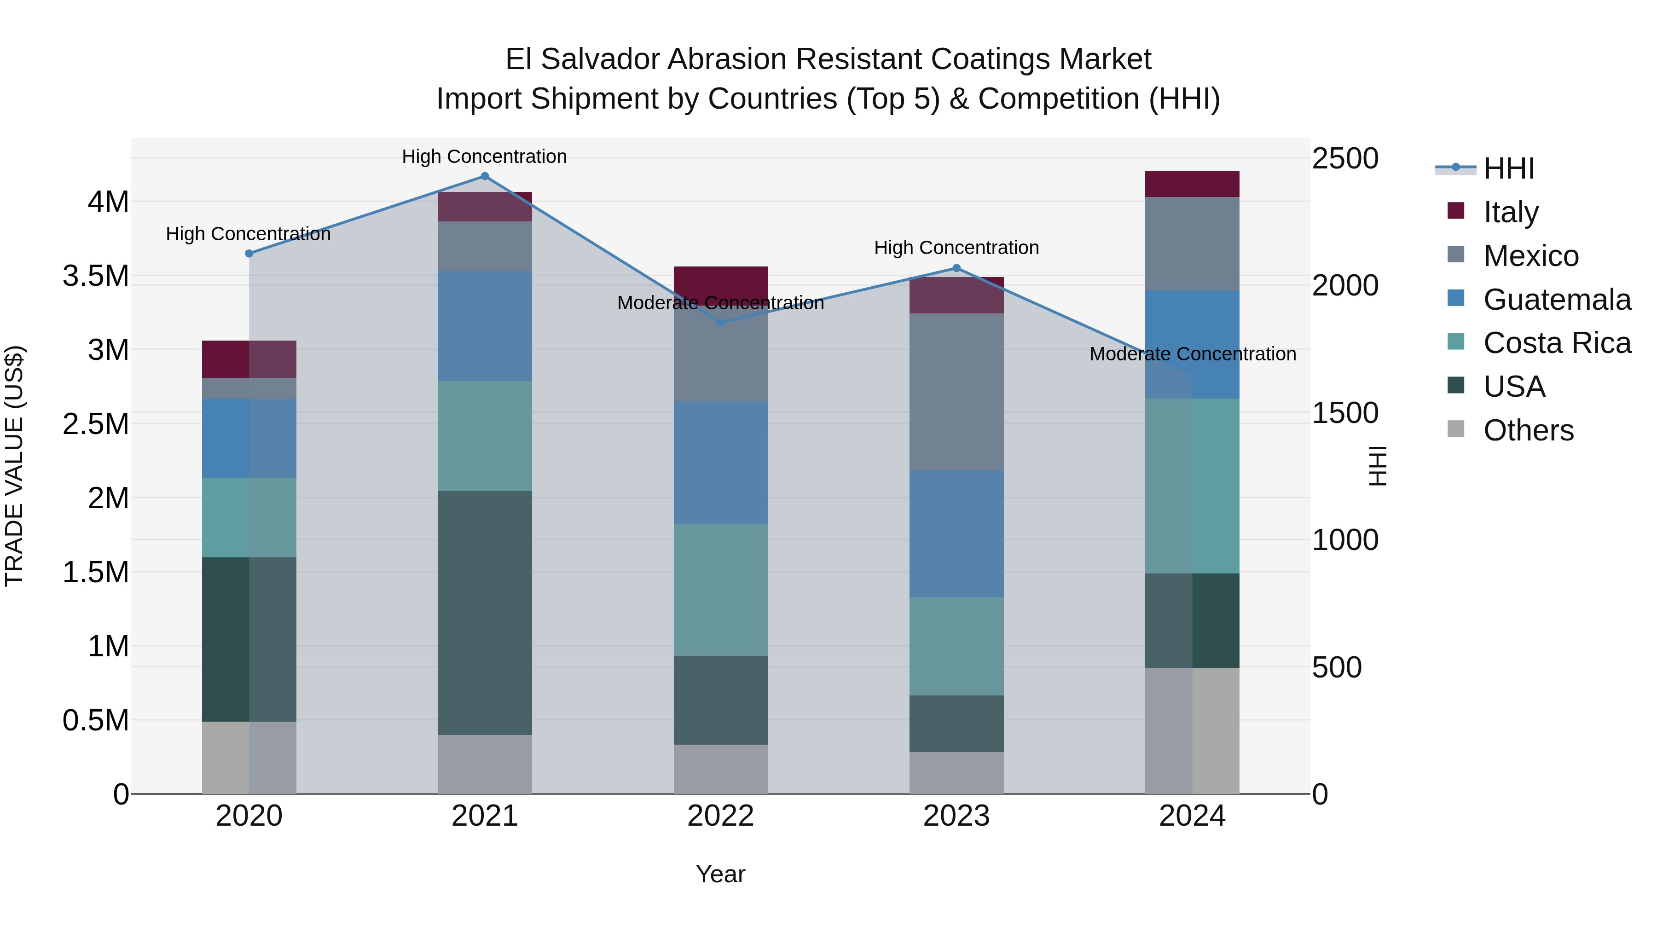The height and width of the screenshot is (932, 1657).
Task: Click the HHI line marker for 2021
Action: pos(485,176)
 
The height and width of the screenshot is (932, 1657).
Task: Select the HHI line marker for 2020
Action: pos(249,254)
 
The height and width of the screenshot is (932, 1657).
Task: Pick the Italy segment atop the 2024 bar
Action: pos(1192,184)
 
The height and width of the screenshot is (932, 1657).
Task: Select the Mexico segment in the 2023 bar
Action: pos(956,392)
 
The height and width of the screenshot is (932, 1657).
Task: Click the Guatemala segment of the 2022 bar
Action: pos(720,463)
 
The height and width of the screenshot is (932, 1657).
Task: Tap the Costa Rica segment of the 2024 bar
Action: pos(1192,486)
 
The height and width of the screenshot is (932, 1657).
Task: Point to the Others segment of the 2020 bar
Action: pos(249,757)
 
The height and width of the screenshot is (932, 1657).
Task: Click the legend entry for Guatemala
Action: pos(1557,300)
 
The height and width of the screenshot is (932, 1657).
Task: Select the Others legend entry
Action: pos(1528,430)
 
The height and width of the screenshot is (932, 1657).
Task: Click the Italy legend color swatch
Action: pos(1456,211)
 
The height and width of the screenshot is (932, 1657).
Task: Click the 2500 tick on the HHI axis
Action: pos(1345,158)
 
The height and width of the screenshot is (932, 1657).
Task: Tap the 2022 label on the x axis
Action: pos(720,816)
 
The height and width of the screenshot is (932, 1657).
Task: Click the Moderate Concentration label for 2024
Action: pos(1192,354)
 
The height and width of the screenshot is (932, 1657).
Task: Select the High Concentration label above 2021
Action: pos(484,156)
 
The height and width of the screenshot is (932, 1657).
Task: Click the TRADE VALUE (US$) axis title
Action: pos(14,466)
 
